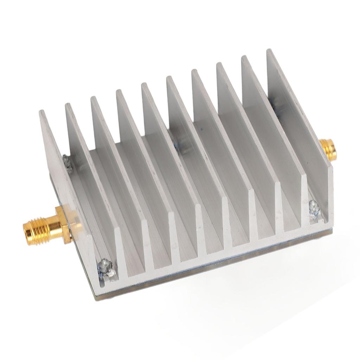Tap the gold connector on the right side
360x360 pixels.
pyautogui.click(x=328, y=148)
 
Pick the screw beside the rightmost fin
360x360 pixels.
pyautogui.click(x=314, y=208)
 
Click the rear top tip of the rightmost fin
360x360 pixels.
pyautogui.click(x=269, y=51)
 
